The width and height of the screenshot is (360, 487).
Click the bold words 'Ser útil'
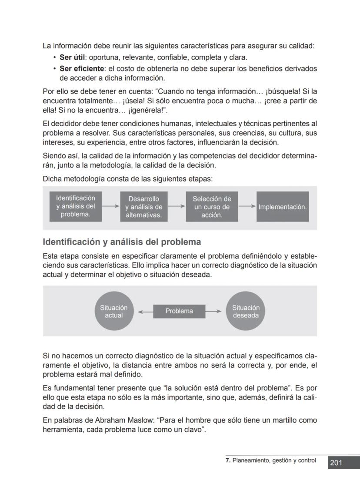72,57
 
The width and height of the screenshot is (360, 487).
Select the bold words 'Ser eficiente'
81,68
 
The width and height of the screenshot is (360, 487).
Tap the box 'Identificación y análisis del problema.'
76,206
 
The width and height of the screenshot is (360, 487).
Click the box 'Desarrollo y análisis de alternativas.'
143,207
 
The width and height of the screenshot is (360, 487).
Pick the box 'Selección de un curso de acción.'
212,207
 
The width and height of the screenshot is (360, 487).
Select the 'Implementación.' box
283,207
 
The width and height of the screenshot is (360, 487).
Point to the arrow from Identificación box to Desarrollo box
110,207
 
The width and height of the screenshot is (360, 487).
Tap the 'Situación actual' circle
114,311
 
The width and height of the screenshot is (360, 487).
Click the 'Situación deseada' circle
246,311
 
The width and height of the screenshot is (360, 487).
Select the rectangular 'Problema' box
179,311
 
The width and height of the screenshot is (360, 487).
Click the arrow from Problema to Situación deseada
213,311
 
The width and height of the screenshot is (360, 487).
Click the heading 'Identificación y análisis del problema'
122,242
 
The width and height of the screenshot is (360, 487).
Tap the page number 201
336,463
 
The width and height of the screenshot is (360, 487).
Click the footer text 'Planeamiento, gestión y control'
274,460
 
